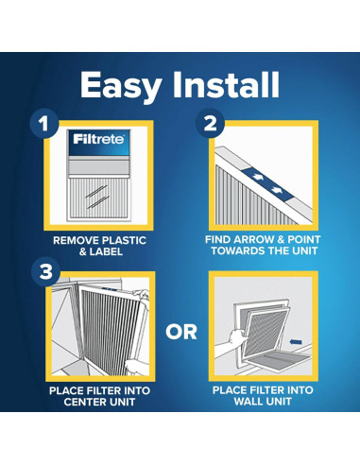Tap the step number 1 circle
[x=42, y=123]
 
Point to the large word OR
[x=180, y=331]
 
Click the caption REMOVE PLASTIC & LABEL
[x=99, y=247]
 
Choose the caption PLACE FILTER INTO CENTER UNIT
[x=99, y=396]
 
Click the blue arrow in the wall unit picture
[x=296, y=333]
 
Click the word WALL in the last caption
[x=248, y=403]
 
